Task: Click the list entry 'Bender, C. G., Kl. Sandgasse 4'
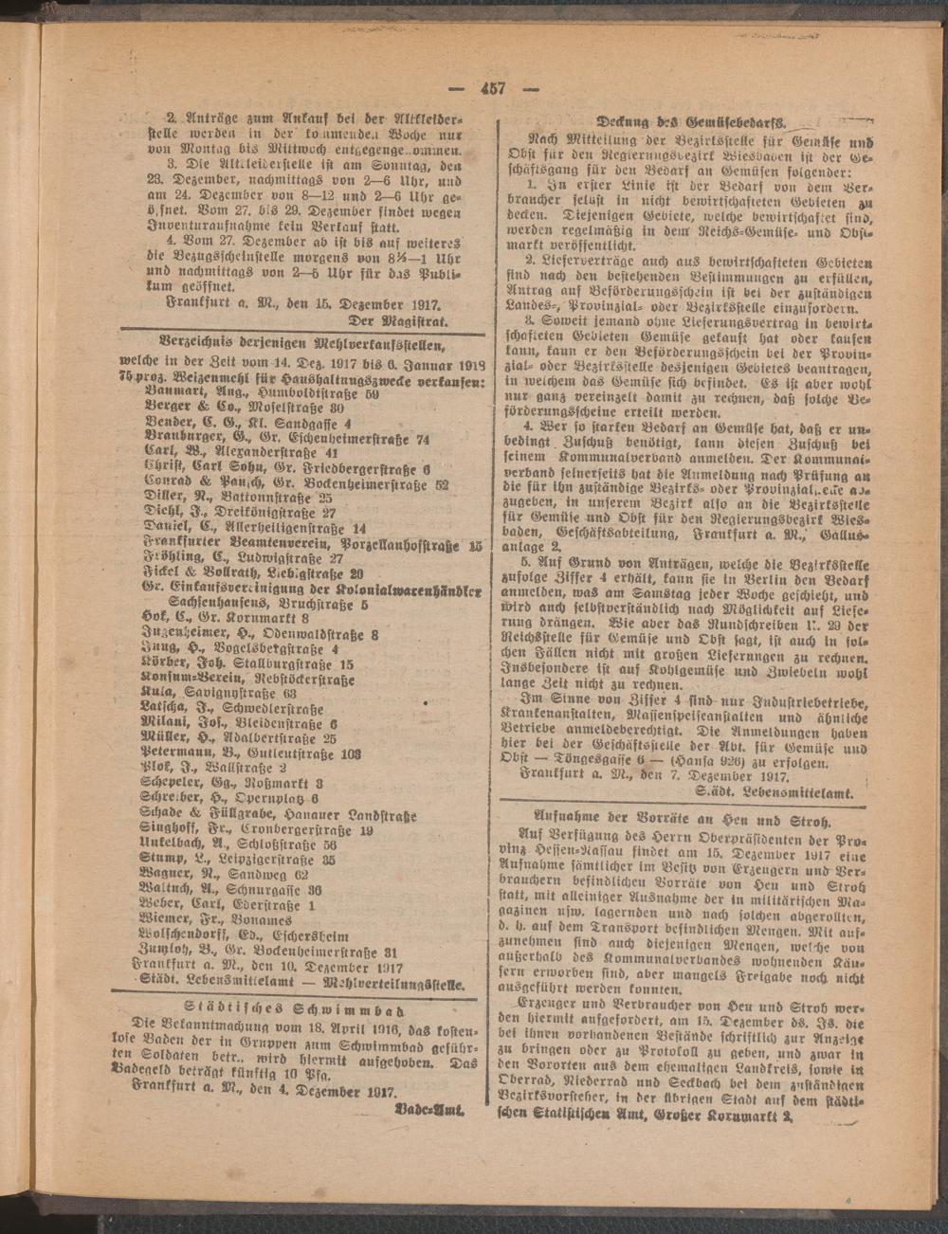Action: click(x=248, y=424)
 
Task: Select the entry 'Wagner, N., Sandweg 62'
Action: click(x=224, y=873)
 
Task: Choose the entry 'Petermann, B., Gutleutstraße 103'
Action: click(x=250, y=754)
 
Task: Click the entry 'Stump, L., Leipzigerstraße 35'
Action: click(x=237, y=859)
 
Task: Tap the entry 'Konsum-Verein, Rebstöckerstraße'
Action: click(x=246, y=679)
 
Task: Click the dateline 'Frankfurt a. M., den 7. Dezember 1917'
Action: click(x=654, y=774)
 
